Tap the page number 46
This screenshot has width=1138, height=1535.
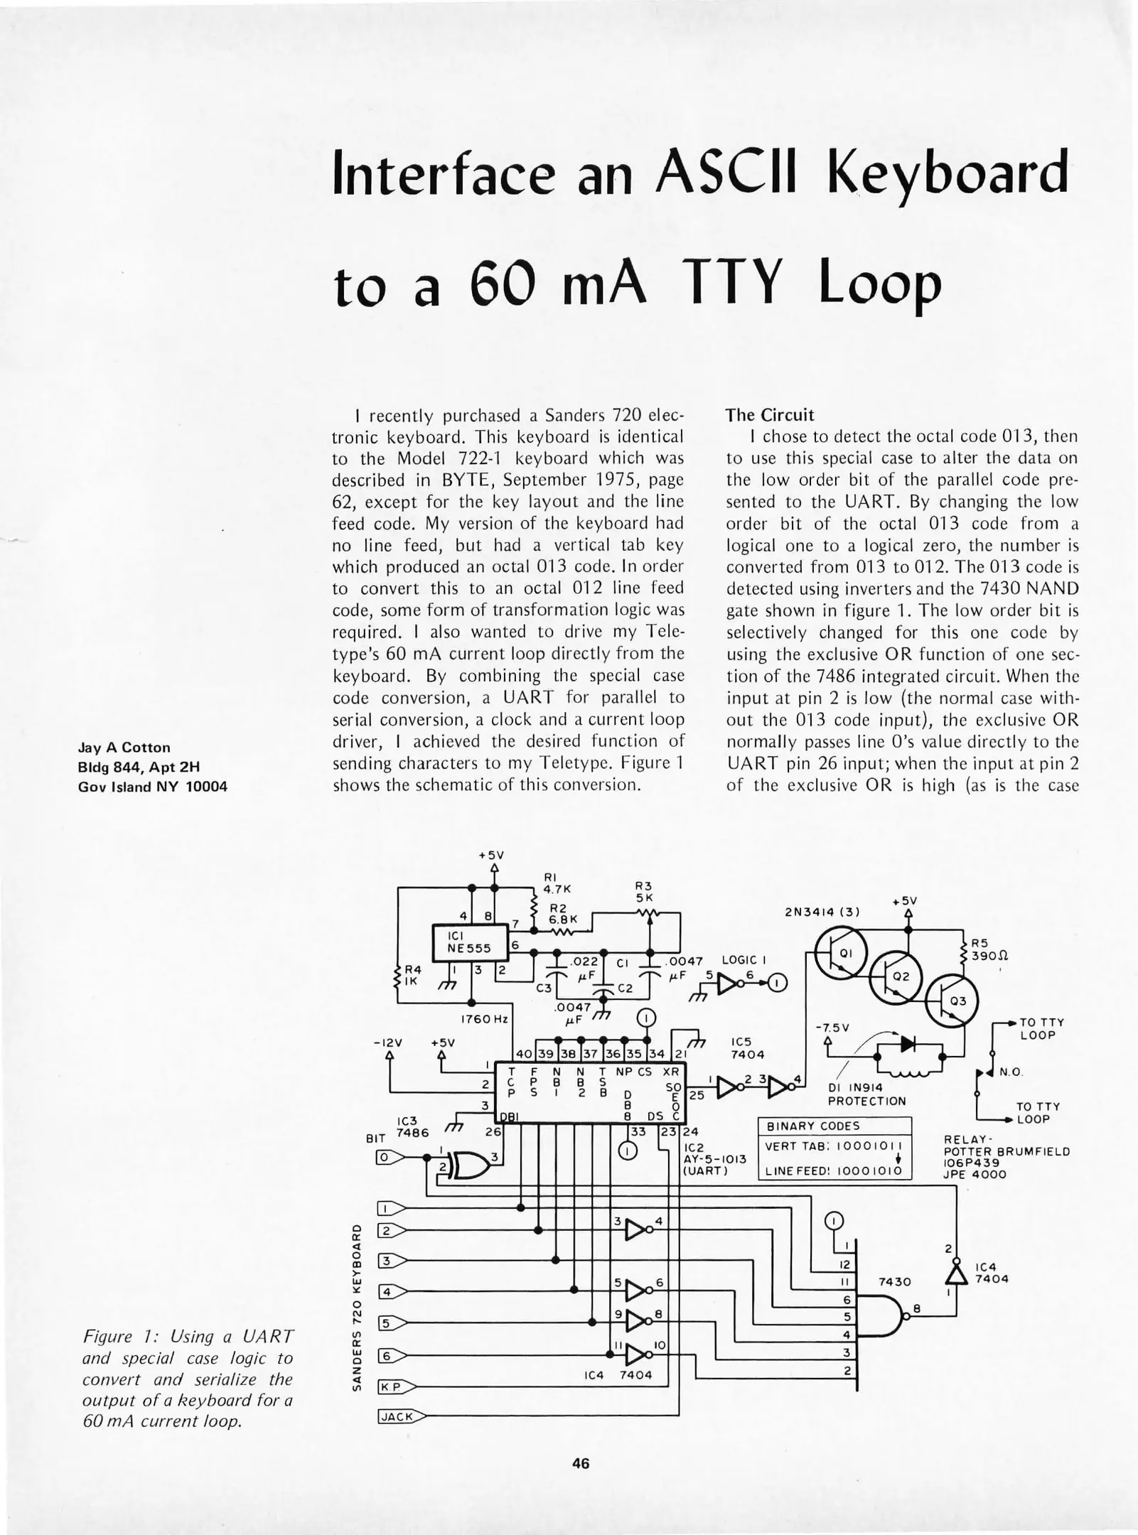coord(580,1463)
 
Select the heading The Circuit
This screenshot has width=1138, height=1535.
coord(769,414)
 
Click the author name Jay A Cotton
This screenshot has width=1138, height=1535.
coord(124,748)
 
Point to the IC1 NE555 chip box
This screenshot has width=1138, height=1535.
coord(470,942)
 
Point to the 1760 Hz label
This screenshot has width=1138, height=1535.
coord(484,1019)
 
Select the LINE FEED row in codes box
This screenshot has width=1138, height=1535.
coord(834,1170)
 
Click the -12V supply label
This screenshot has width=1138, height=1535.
coord(387,1043)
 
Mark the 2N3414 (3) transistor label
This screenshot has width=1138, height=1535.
coord(822,912)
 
